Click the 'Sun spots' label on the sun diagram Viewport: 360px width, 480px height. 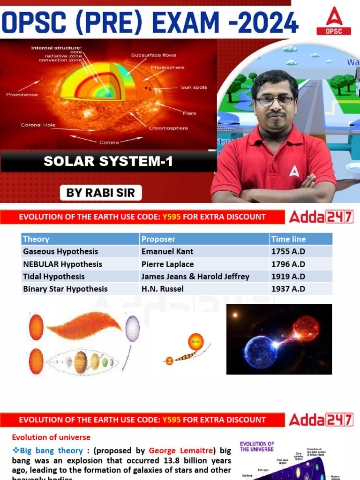pyautogui.click(x=194, y=87)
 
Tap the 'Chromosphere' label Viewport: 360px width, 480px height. pyautogui.click(x=168, y=128)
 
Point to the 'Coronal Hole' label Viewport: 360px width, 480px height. pyautogui.click(x=37, y=125)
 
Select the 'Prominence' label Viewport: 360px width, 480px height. pyautogui.click(x=22, y=95)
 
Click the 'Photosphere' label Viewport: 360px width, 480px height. pyautogui.click(x=167, y=67)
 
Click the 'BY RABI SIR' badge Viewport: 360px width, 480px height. pyautogui.click(x=101, y=193)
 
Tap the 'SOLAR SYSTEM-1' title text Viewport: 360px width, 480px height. pyautogui.click(x=108, y=162)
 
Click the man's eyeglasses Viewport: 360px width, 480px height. pyautogui.click(x=275, y=100)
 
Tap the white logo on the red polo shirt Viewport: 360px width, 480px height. pyautogui.click(x=294, y=172)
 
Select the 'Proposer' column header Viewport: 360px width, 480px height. pyautogui.click(x=158, y=239)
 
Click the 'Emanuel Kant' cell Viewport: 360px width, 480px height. pyautogui.click(x=167, y=251)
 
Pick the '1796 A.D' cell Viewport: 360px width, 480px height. pyautogui.click(x=288, y=264)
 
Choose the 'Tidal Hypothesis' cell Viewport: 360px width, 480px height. pyautogui.click(x=54, y=277)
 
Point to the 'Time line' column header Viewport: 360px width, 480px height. pyautogui.click(x=288, y=239)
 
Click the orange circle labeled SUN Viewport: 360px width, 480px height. pyautogui.click(x=196, y=342)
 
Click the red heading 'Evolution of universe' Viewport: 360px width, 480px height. pyautogui.click(x=51, y=437)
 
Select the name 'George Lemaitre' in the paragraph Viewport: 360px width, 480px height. pyautogui.click(x=181, y=450)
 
